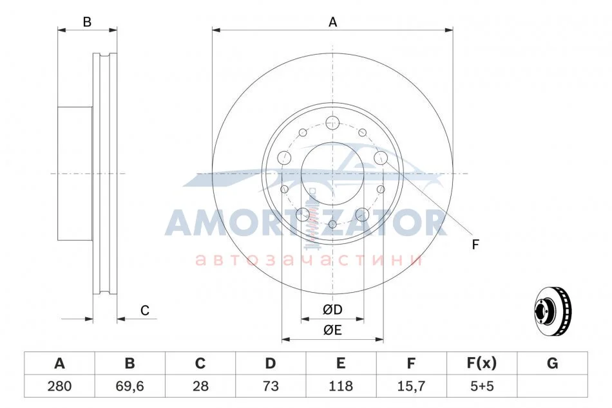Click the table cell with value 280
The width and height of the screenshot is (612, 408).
click(x=59, y=386)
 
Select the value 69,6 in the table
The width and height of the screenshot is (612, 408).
click(x=129, y=386)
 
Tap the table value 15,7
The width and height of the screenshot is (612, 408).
click(x=412, y=386)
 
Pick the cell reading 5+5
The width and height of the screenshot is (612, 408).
click(x=482, y=386)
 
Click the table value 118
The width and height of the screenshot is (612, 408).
click(x=341, y=386)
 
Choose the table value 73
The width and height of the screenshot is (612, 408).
click(x=271, y=386)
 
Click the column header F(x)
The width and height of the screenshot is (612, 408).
click(x=482, y=363)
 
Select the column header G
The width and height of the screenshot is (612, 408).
click(x=552, y=363)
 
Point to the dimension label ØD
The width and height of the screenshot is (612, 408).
click(x=332, y=310)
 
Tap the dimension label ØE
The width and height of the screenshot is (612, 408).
click(x=332, y=330)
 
